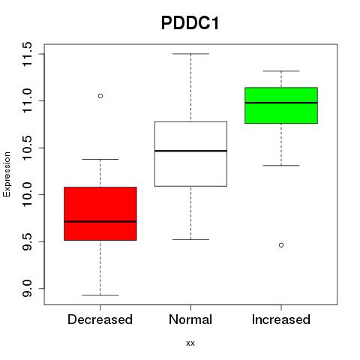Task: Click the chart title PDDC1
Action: click(190, 23)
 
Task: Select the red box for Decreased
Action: click(100, 214)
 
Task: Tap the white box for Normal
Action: click(190, 154)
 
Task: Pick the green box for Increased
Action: click(281, 105)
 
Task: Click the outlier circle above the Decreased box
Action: click(100, 96)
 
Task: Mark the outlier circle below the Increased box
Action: click(281, 245)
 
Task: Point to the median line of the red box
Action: click(100, 221)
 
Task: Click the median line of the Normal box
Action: click(190, 151)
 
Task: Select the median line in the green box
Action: click(281, 103)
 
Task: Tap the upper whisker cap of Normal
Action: click(190, 54)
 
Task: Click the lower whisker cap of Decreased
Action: click(100, 295)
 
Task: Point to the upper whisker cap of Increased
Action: click(281, 71)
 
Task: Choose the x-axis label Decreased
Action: click(100, 319)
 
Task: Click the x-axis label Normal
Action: click(190, 319)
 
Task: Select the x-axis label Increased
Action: click(281, 319)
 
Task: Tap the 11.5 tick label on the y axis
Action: click(27, 54)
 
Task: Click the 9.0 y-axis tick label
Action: click(27, 289)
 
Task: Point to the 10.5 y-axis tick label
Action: click(27, 148)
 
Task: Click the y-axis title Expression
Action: click(7, 174)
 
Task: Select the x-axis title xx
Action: click(190, 343)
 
